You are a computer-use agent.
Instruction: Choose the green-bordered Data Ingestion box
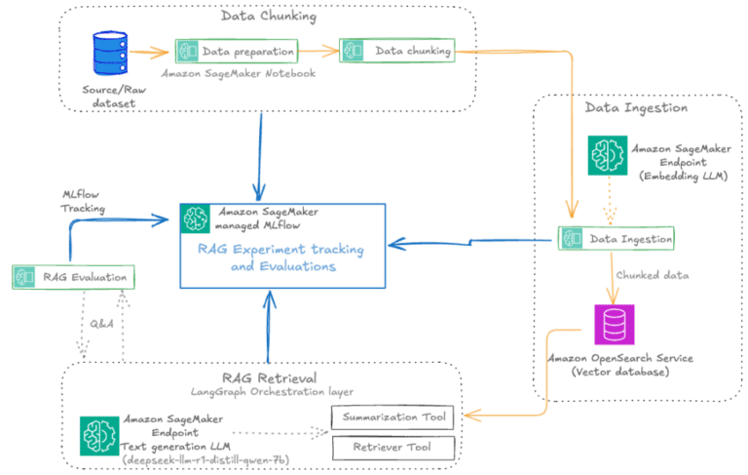coord(616,236)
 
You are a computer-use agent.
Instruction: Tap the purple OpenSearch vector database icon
coord(614,324)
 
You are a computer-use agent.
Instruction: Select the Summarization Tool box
coord(393,418)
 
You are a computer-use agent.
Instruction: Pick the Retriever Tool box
coord(393,449)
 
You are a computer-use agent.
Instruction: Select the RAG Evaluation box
coord(73,277)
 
